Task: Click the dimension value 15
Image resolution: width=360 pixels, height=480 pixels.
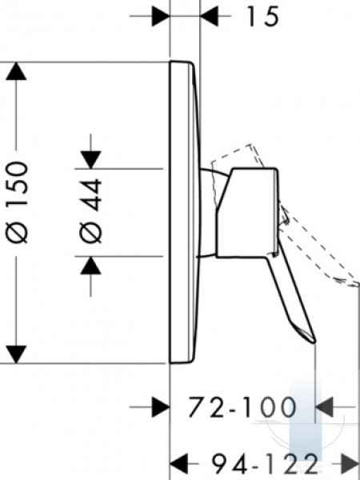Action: click(x=263, y=17)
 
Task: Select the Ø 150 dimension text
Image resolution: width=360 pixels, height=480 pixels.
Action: click(x=17, y=202)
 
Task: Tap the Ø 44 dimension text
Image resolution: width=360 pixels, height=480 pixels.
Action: click(x=90, y=211)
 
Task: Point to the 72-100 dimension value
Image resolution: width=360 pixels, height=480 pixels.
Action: click(x=242, y=407)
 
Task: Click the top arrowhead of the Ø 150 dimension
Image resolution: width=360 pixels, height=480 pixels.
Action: click(x=16, y=71)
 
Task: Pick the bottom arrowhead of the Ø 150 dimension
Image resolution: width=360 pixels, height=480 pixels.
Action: click(x=16, y=354)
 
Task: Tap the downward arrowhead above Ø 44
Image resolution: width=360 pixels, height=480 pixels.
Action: click(x=90, y=160)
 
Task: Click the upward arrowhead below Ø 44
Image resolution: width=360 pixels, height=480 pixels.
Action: click(x=90, y=266)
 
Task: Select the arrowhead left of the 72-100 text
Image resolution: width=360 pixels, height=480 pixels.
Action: click(x=161, y=407)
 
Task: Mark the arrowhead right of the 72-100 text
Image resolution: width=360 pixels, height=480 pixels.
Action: click(x=324, y=407)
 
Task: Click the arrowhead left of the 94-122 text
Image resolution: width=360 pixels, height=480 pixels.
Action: click(x=178, y=464)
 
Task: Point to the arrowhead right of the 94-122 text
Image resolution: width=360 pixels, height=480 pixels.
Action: click(x=350, y=464)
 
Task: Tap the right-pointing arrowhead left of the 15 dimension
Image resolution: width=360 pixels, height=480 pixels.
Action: click(x=161, y=16)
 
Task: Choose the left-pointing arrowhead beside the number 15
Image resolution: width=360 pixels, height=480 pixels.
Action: click(x=209, y=16)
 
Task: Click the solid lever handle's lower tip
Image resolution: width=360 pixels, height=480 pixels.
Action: click(x=314, y=341)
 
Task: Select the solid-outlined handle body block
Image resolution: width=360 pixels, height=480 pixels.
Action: click(x=247, y=213)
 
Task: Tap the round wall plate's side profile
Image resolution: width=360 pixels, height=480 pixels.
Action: click(x=185, y=213)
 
